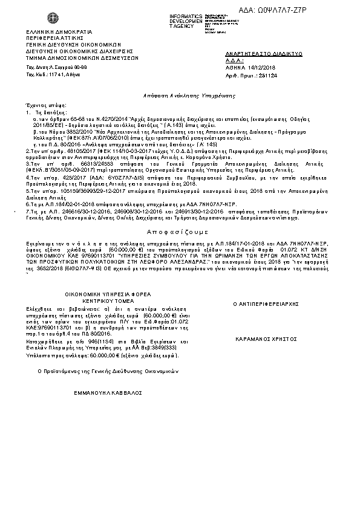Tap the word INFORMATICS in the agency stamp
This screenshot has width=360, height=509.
pyautogui.click(x=185, y=15)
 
